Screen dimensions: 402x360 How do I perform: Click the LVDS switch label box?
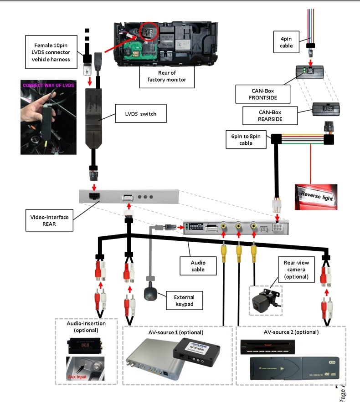click(142, 114)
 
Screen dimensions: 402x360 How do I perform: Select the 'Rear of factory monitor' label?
click(167, 76)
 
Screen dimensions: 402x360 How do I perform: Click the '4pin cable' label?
click(286, 42)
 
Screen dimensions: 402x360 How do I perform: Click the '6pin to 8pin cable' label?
click(246, 140)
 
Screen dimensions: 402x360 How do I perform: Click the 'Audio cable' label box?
click(198, 266)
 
